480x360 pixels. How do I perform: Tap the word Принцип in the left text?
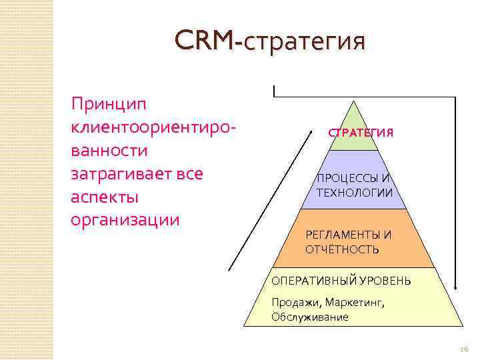pyautogui.click(x=110, y=103)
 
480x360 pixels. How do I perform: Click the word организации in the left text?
pyautogui.click(x=125, y=220)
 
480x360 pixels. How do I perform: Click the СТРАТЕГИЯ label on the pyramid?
pyautogui.click(x=361, y=133)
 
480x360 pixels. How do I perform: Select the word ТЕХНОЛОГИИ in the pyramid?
pyautogui.click(x=355, y=193)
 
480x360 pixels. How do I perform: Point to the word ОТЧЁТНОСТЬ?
pyautogui.click(x=342, y=249)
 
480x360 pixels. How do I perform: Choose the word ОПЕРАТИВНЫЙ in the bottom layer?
pyautogui.click(x=312, y=281)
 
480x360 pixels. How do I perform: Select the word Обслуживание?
pyautogui.click(x=309, y=317)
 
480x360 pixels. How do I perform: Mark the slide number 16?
pyautogui.click(x=464, y=349)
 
